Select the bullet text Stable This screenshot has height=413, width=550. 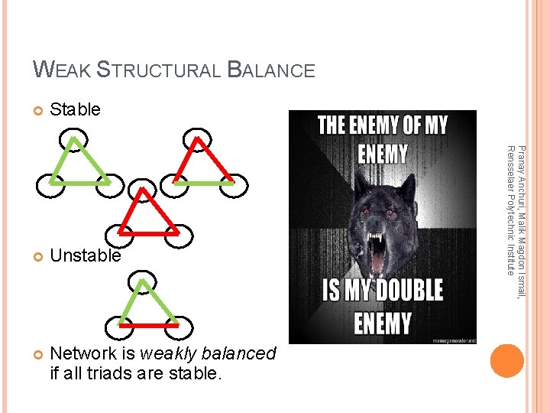(75, 109)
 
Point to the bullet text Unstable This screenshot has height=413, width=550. (86, 255)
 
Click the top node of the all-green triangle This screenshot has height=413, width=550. (74, 138)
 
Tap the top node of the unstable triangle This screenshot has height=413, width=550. (143, 282)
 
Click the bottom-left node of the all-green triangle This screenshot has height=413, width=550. (47, 185)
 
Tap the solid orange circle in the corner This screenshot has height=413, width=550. (507, 360)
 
